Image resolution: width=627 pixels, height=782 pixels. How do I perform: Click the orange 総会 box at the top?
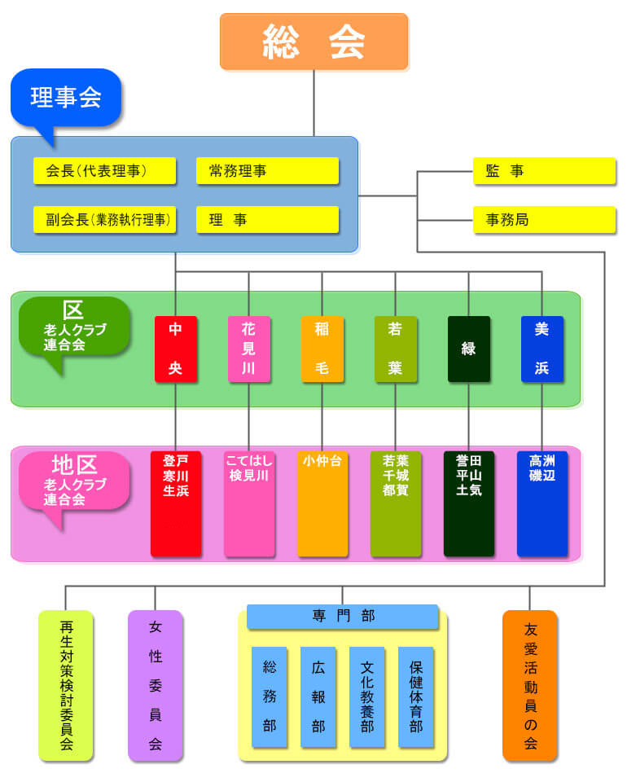pyautogui.click(x=313, y=42)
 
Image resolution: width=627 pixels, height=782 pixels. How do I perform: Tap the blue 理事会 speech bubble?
pyautogui.click(x=66, y=98)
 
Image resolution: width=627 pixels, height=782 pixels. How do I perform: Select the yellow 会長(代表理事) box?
pyautogui.click(x=105, y=171)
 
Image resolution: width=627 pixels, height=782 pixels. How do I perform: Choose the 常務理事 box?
pyautogui.click(x=267, y=171)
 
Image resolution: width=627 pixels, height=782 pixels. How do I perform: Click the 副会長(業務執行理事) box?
pyautogui.click(x=105, y=220)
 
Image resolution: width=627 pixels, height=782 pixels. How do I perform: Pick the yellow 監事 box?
pyautogui.click(x=544, y=171)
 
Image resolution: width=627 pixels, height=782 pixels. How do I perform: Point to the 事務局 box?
pyautogui.click(x=544, y=220)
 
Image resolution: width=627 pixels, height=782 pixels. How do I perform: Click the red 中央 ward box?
pyautogui.click(x=176, y=349)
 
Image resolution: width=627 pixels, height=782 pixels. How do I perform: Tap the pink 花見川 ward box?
pyautogui.click(x=249, y=349)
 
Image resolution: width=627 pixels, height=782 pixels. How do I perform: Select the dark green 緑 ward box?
pyautogui.click(x=469, y=349)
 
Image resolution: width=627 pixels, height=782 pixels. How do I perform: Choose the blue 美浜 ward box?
pyautogui.click(x=542, y=349)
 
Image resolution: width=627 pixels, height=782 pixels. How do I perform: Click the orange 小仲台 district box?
pyautogui.click(x=322, y=503)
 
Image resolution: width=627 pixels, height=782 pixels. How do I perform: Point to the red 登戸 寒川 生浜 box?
pyautogui.click(x=176, y=503)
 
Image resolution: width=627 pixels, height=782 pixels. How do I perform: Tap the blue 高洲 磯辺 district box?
pyautogui.click(x=542, y=503)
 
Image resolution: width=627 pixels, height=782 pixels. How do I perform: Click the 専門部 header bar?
pyautogui.click(x=342, y=617)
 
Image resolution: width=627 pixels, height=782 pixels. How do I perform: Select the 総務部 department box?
pyautogui.click(x=270, y=696)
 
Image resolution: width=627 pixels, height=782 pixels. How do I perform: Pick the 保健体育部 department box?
pyautogui.click(x=416, y=696)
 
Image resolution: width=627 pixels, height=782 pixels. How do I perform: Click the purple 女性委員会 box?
pyautogui.click(x=156, y=685)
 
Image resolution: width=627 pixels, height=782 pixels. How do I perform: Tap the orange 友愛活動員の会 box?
pyautogui.click(x=530, y=685)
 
